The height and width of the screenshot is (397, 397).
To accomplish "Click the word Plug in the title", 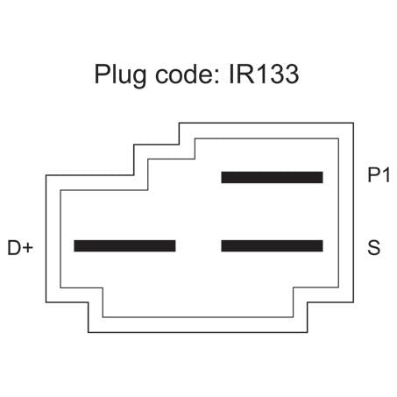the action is [120, 74].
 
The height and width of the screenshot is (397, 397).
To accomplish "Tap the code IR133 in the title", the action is [264, 74].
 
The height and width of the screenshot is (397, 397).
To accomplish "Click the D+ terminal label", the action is [20, 248].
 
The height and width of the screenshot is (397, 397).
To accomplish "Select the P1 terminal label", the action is [379, 175].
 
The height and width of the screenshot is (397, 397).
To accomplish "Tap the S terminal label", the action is [374, 248].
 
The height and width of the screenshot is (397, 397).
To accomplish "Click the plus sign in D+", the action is [28, 248].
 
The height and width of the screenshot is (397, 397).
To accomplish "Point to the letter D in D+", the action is [14, 248].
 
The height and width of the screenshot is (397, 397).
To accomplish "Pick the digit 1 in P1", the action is [386, 175].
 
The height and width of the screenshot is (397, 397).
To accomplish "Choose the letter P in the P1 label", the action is [373, 175].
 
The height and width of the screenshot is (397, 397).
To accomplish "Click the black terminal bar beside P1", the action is [272, 178].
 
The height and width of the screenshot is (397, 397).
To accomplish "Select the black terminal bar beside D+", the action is [124, 246].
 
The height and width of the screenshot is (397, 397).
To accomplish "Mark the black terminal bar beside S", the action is [272, 246].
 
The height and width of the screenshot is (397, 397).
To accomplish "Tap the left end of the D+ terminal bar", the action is [74, 246].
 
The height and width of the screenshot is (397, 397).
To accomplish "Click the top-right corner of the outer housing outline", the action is [353, 123].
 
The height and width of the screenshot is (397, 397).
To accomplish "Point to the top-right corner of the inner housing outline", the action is [338, 138].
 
